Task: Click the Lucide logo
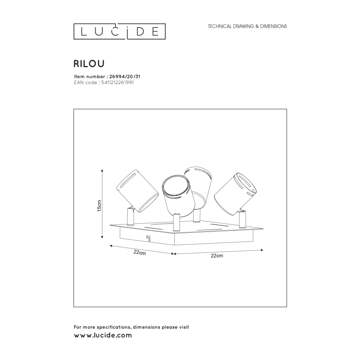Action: point(119,32)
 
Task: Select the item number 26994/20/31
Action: point(124,76)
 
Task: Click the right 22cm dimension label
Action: point(217,256)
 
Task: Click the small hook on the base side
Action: point(148,238)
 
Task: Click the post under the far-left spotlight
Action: point(130,217)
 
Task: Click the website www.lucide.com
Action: point(103,336)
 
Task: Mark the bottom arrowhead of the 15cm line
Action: point(103,238)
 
